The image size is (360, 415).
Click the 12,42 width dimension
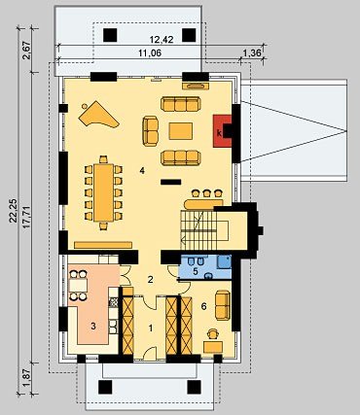(x=162, y=40)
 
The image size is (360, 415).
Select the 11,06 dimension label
(x=150, y=52)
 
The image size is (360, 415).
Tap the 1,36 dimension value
(x=252, y=52)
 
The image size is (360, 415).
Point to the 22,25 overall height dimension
(x=14, y=211)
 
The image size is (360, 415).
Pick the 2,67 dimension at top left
(x=27, y=51)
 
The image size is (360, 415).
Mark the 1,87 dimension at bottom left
(x=27, y=378)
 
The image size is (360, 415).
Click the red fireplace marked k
(x=221, y=131)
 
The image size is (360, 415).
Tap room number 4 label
(x=142, y=170)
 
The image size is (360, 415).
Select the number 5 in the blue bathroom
(x=196, y=271)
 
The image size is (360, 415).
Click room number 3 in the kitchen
(x=93, y=326)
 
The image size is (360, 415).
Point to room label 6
(x=203, y=306)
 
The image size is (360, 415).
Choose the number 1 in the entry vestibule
(x=151, y=329)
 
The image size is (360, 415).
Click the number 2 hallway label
(x=150, y=279)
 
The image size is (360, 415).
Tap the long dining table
(x=103, y=192)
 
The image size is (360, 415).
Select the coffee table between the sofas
(x=181, y=131)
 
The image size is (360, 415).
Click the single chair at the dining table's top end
(x=103, y=159)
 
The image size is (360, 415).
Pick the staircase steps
(x=198, y=229)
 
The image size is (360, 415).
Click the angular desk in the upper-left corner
(x=98, y=115)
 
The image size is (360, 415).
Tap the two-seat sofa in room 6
(x=223, y=305)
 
